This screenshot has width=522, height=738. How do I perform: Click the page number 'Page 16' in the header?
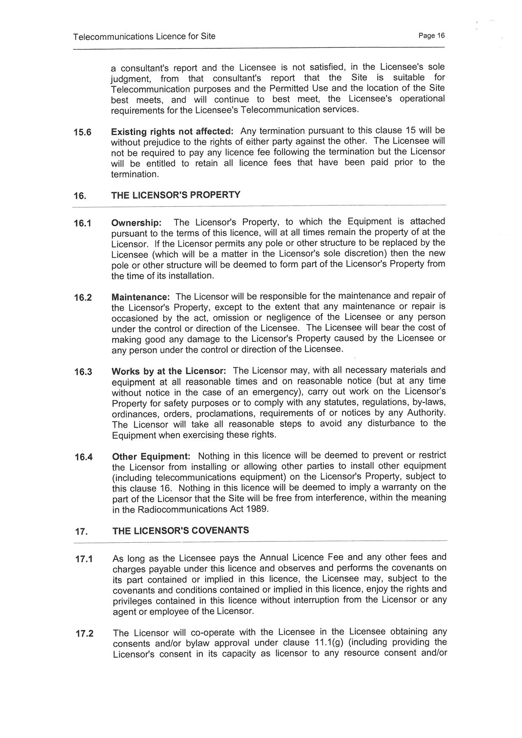point(431,36)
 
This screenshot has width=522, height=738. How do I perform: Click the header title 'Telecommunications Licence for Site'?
point(144,37)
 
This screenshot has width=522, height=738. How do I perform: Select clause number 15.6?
point(83,133)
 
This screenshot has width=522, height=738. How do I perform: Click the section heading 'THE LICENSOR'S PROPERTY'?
point(176,195)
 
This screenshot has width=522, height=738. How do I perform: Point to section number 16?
point(80,196)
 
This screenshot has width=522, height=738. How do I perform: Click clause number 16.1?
point(83,223)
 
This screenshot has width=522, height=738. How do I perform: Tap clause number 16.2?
point(83,298)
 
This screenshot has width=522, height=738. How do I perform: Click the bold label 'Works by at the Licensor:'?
point(169,372)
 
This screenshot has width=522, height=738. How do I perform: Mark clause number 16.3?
point(83,372)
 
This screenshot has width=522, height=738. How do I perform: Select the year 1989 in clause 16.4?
point(258,509)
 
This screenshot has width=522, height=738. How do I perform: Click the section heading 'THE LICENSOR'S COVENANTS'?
point(181,531)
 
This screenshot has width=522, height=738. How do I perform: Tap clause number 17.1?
point(84,559)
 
